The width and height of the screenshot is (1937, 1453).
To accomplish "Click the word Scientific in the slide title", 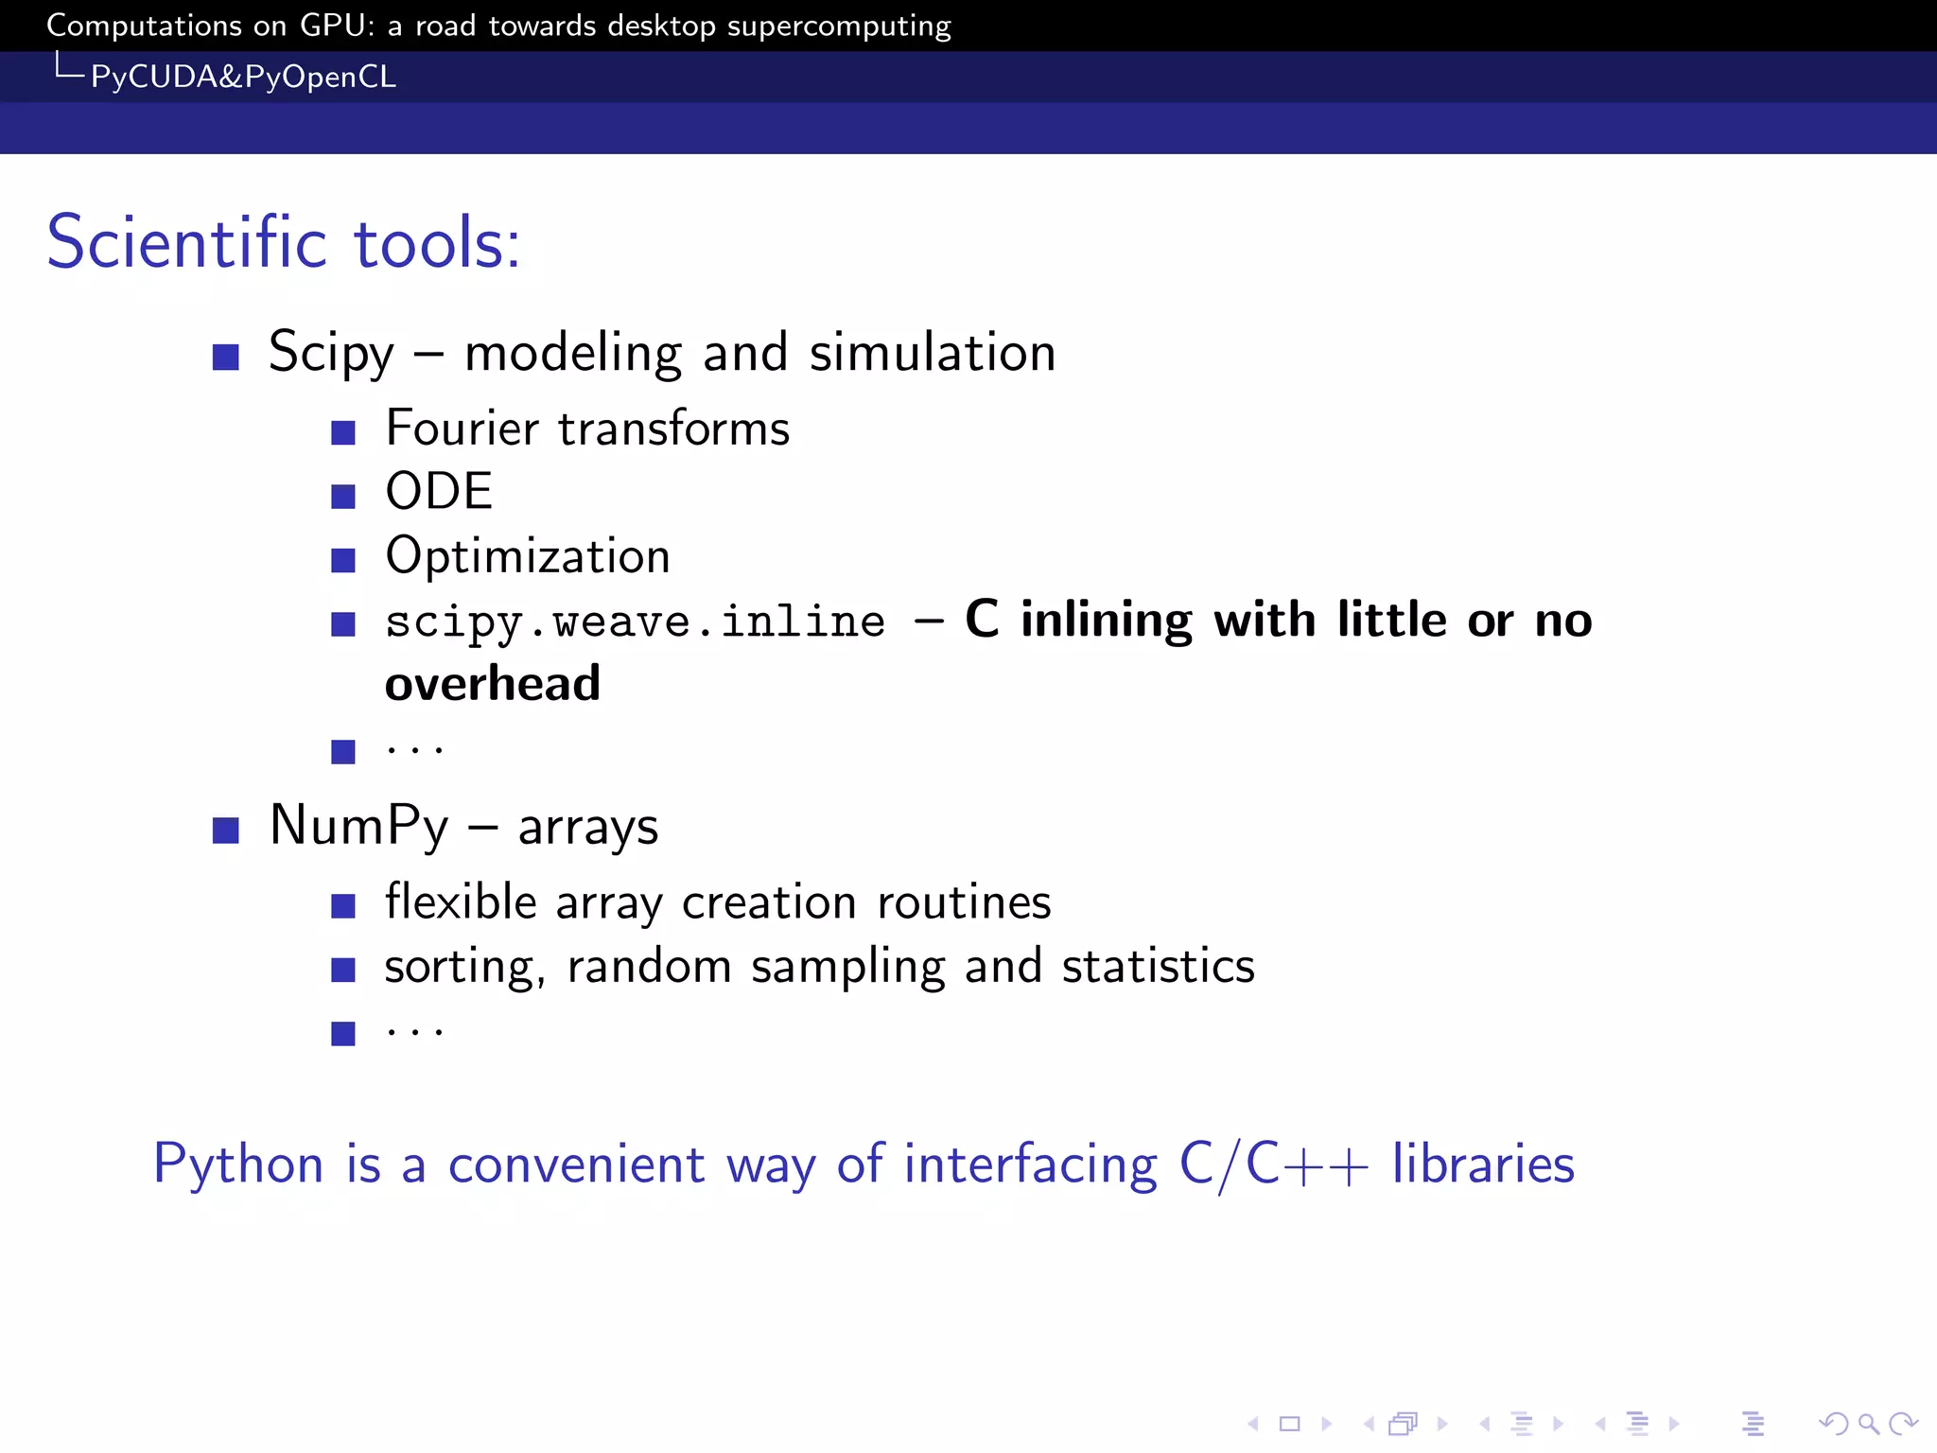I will click(x=186, y=242).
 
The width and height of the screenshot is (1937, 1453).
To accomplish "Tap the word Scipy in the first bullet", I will click(x=331, y=353).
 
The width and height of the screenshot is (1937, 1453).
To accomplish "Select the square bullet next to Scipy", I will click(x=225, y=357).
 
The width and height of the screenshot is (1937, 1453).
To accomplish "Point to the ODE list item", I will click(x=439, y=492).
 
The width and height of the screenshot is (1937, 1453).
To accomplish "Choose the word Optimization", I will click(x=528, y=556).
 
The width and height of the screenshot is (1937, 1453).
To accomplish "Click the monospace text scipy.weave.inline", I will click(x=635, y=621).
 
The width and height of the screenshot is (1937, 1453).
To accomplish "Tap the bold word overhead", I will click(x=492, y=683).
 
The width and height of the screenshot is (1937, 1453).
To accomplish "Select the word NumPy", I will click(x=358, y=826).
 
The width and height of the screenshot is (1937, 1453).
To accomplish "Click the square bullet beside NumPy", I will click(x=225, y=831).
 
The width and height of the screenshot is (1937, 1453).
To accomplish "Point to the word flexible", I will click(x=461, y=902).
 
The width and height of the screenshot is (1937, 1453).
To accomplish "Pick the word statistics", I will click(x=1158, y=966).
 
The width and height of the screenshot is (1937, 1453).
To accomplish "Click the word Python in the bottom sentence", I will click(x=238, y=1164).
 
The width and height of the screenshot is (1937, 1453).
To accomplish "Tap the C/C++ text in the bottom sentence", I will click(x=1273, y=1164).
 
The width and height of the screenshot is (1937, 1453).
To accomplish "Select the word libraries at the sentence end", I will click(x=1482, y=1164).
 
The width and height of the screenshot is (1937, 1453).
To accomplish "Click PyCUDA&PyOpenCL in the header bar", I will click(x=243, y=77).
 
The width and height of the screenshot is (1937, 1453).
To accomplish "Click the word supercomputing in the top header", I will click(x=839, y=26).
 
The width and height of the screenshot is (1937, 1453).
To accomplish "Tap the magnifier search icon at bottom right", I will click(x=1868, y=1424).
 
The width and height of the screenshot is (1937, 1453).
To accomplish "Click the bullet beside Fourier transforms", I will click(x=342, y=433).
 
